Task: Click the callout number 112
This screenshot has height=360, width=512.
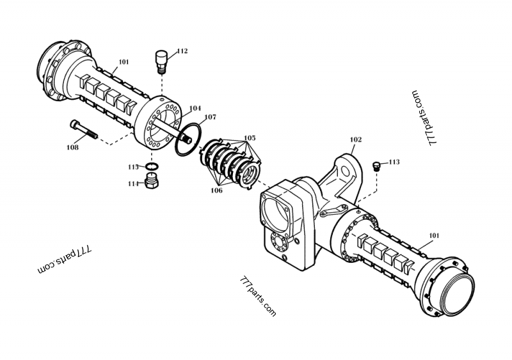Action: click(x=182, y=51)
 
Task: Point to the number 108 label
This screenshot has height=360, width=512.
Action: click(x=72, y=148)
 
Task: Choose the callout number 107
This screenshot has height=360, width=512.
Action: click(x=210, y=118)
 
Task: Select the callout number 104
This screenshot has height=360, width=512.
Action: click(x=195, y=109)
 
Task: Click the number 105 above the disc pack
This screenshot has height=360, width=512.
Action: click(x=249, y=137)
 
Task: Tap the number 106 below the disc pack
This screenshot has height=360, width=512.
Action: click(x=217, y=191)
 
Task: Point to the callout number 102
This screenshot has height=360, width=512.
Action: click(x=356, y=139)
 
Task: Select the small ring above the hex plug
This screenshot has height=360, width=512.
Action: click(x=152, y=169)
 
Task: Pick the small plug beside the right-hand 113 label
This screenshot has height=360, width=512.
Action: click(x=376, y=166)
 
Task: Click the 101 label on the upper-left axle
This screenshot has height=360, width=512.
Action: click(x=124, y=62)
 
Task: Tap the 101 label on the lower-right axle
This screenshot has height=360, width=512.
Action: click(x=434, y=236)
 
